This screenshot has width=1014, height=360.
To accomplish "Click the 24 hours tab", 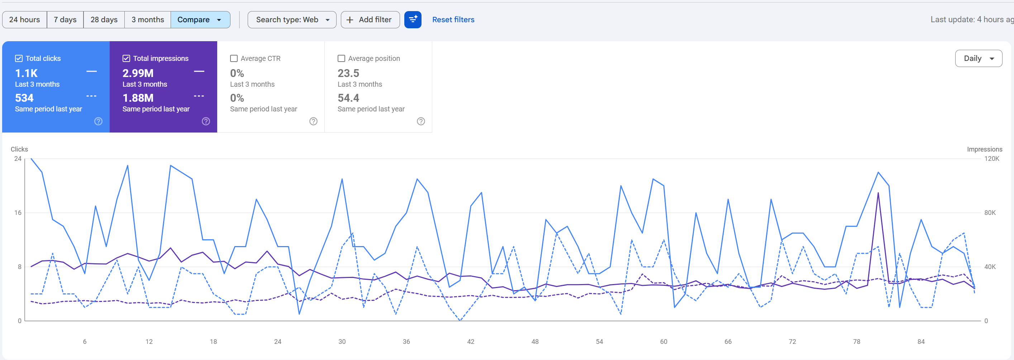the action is (x=24, y=20).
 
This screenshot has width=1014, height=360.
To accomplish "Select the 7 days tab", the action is (x=65, y=20).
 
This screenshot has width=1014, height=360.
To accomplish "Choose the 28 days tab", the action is (x=104, y=20).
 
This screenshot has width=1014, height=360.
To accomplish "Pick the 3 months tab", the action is (x=148, y=20).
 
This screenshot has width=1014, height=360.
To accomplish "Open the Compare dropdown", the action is (x=200, y=20).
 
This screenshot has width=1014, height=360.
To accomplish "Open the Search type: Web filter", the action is (x=292, y=20).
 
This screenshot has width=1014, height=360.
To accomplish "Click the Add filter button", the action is (x=370, y=20).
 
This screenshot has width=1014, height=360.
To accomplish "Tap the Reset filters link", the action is (x=453, y=20).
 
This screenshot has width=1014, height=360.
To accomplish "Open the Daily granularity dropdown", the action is (x=979, y=58).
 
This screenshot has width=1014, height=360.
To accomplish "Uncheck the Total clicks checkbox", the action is (x=19, y=59).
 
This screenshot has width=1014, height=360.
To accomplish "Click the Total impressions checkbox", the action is (x=126, y=59).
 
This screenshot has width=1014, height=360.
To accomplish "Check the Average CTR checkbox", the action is (x=234, y=59).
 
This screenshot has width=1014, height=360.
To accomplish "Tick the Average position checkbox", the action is (x=341, y=59).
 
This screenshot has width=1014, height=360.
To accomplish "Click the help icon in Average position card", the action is (x=421, y=121).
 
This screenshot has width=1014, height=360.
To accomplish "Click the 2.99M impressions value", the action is (x=138, y=73).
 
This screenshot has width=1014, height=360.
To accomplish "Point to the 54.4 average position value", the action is (x=348, y=98).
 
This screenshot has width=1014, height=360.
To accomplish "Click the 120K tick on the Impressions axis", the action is (x=991, y=159).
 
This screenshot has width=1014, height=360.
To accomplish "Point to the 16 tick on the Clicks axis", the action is (x=18, y=213).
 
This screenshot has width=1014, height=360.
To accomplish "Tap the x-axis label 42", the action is (x=470, y=341).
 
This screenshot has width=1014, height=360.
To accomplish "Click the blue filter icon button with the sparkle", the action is (x=413, y=20).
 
